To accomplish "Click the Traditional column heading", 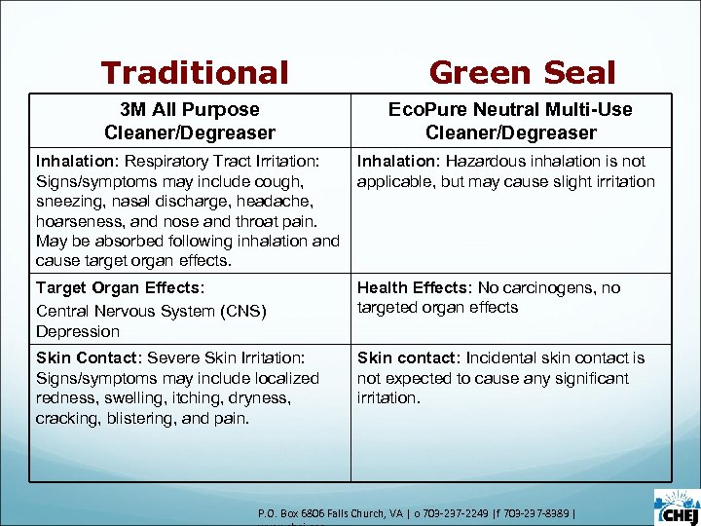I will pyautogui.click(x=195, y=73).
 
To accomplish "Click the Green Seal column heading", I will pyautogui.click(x=522, y=73).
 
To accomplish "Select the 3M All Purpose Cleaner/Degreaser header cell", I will pyautogui.click(x=190, y=121).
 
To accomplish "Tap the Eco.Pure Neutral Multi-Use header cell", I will pyautogui.click(x=510, y=121).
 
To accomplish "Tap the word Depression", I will pyautogui.click(x=77, y=331).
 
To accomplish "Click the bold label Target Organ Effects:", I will pyautogui.click(x=118, y=288).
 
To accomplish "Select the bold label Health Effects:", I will pyautogui.click(x=411, y=288).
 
